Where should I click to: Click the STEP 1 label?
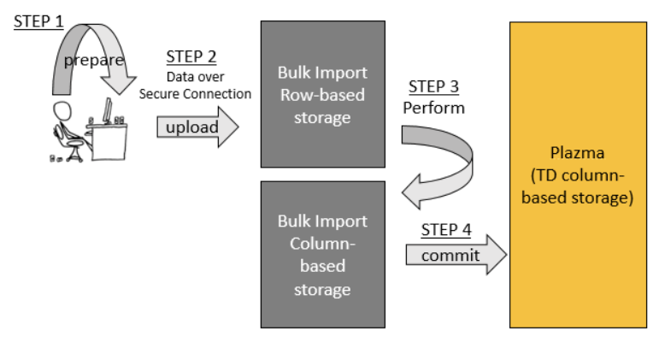[38, 21]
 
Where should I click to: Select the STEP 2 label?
[191, 57]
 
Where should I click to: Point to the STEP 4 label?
[446, 231]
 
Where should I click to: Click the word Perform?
[433, 109]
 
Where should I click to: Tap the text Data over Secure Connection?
[196, 86]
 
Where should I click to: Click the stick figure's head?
[62, 111]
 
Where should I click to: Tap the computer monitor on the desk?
[109, 110]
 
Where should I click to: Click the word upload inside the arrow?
[191, 128]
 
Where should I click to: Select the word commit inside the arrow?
[450, 255]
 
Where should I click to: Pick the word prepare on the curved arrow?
[93, 61]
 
